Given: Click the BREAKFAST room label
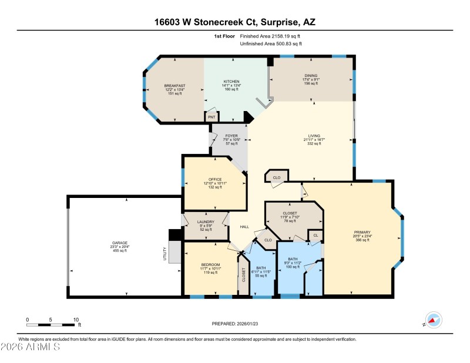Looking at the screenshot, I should [174, 86].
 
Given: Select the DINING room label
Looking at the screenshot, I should [311, 75].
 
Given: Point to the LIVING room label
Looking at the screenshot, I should [311, 135].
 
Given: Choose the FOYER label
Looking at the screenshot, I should [231, 136].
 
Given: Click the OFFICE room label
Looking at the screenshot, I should [214, 179].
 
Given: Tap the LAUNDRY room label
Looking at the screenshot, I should [206, 221].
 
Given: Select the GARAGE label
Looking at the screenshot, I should [119, 243].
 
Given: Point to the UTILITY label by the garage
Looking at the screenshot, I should [165, 254].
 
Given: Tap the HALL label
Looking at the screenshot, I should [245, 227].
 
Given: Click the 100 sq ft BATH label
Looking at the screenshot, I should [292, 259].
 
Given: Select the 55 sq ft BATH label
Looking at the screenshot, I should [261, 267].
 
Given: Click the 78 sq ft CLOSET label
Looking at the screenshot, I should [290, 213].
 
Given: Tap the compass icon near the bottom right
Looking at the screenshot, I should [433, 320].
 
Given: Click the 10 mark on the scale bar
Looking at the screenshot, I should [76, 320].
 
